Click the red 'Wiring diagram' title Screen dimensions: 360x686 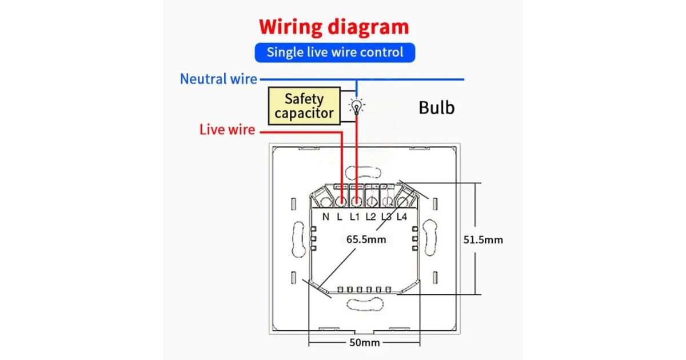[x=334, y=27]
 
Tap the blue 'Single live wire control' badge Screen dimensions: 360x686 [x=334, y=53]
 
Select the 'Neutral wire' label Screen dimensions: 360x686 [x=218, y=79]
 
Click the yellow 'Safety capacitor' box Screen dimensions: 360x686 [x=303, y=106]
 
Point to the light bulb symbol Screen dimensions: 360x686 [x=357, y=106]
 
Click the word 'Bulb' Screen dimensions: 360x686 [x=437, y=107]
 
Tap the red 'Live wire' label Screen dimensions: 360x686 [x=227, y=130]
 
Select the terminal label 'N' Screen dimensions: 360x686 [x=326, y=217]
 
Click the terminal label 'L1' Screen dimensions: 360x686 [x=354, y=217]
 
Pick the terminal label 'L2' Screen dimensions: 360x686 [x=370, y=217]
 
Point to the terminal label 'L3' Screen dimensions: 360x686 [x=386, y=217]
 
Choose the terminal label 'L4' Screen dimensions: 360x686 [x=402, y=217]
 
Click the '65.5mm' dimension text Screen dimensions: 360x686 [x=366, y=239]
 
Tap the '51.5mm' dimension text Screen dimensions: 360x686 [x=483, y=239]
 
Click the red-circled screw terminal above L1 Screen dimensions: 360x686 [x=356, y=201]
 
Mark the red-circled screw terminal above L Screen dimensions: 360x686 [x=341, y=201]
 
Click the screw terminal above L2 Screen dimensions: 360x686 [x=372, y=201]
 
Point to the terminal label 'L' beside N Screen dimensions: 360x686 [x=340, y=217]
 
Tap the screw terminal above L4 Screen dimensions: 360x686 [x=402, y=201]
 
